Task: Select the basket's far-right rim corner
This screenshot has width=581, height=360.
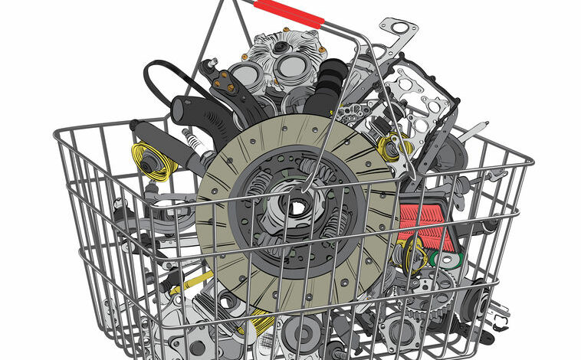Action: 529,162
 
